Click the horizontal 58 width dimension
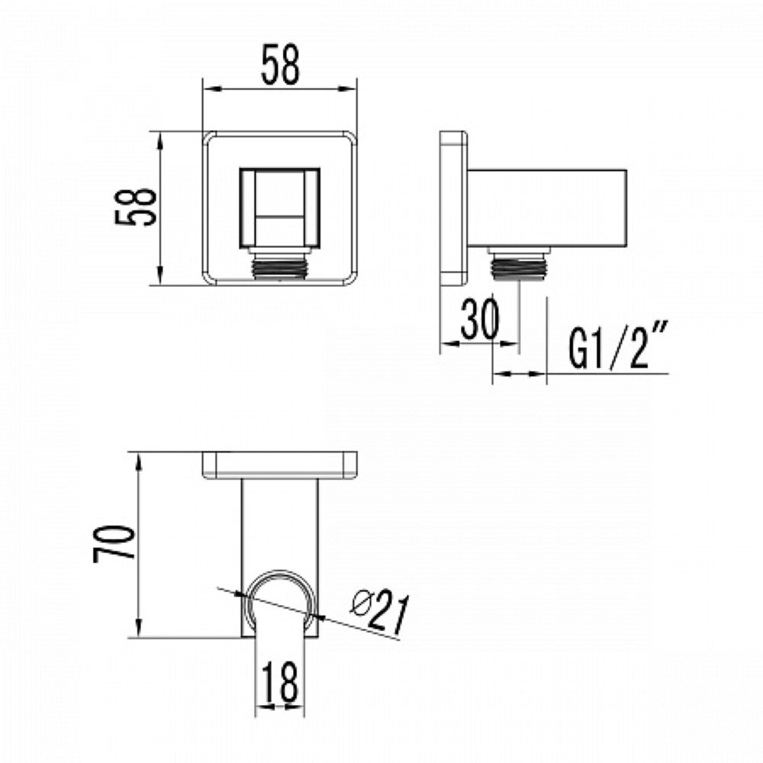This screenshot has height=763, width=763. [x=280, y=65]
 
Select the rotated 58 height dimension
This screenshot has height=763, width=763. [x=136, y=207]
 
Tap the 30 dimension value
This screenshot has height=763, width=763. [x=480, y=319]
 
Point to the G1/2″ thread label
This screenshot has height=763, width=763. [x=617, y=345]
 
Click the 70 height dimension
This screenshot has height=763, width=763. [x=114, y=543]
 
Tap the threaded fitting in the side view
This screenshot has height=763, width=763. [x=519, y=264]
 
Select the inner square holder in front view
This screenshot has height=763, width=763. [x=280, y=208]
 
